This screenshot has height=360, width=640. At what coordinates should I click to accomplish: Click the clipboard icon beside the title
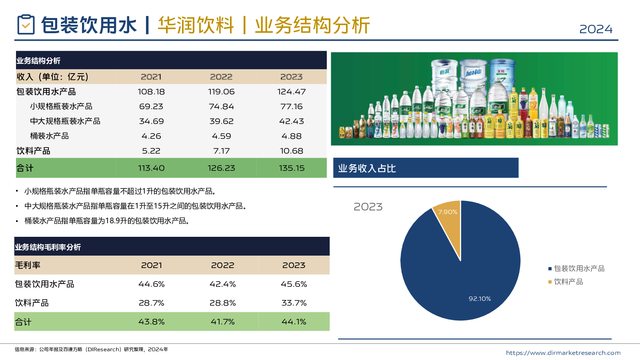(26, 24)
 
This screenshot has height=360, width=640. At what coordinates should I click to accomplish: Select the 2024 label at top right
(596, 29)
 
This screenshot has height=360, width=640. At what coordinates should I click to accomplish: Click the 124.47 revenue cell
(291, 92)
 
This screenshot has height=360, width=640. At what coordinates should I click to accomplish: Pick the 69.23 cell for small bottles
(151, 106)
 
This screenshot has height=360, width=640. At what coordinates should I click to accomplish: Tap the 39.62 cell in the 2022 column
(221, 121)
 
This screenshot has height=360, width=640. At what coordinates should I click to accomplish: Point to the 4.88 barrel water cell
(291, 136)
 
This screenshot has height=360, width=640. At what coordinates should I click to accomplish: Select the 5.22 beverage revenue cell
(151, 151)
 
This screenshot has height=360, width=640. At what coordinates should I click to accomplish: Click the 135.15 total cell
(291, 168)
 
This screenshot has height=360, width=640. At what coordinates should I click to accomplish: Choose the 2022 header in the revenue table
(221, 77)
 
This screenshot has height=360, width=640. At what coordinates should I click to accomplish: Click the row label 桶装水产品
(49, 136)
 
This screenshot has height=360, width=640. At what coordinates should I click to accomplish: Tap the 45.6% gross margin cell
(294, 284)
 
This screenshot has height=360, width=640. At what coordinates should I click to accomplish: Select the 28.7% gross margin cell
(151, 303)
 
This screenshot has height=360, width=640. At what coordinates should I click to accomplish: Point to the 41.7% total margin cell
(222, 322)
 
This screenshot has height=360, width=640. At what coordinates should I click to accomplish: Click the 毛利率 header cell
(28, 265)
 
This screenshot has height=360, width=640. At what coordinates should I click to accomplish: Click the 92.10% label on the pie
(480, 299)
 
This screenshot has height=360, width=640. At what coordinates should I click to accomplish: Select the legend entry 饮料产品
(568, 282)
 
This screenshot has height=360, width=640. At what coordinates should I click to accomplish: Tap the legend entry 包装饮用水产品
(579, 268)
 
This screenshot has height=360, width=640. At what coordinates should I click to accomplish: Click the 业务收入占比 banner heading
(367, 168)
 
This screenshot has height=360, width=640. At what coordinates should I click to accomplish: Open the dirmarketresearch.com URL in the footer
(563, 353)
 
